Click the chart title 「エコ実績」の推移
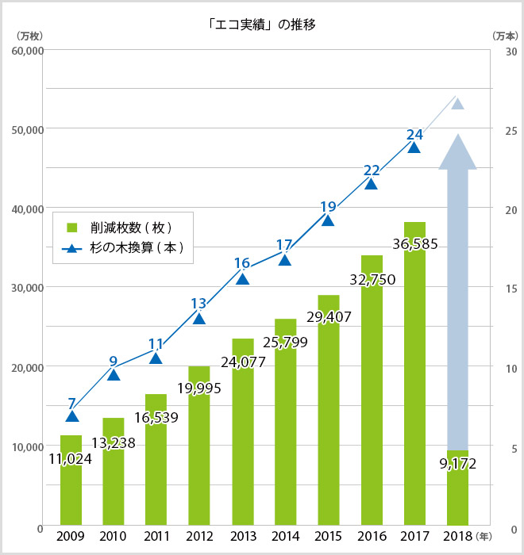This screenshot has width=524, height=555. [x=261, y=24]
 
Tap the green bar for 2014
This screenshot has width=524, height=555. [x=285, y=428]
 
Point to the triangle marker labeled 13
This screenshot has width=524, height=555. [x=199, y=319]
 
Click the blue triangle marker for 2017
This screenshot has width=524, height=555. [x=414, y=147]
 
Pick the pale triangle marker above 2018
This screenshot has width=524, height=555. [x=457, y=104]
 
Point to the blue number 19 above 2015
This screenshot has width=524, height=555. [x=328, y=207]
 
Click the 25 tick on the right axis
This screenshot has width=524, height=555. [x=511, y=130]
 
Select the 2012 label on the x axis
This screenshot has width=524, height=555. [x=199, y=536]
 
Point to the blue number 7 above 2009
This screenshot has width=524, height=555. [x=72, y=403]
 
